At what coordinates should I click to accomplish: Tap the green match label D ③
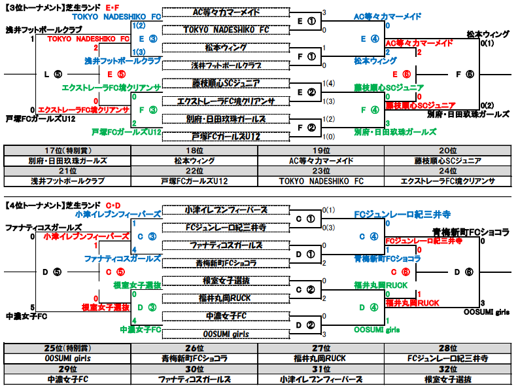pyautogui.click(x=146, y=307)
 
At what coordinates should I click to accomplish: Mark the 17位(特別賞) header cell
pyautogui.click(x=67, y=151)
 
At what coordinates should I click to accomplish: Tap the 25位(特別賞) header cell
pyautogui.click(x=67, y=348)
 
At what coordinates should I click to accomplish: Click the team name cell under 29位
pyautogui.click(x=67, y=378)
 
